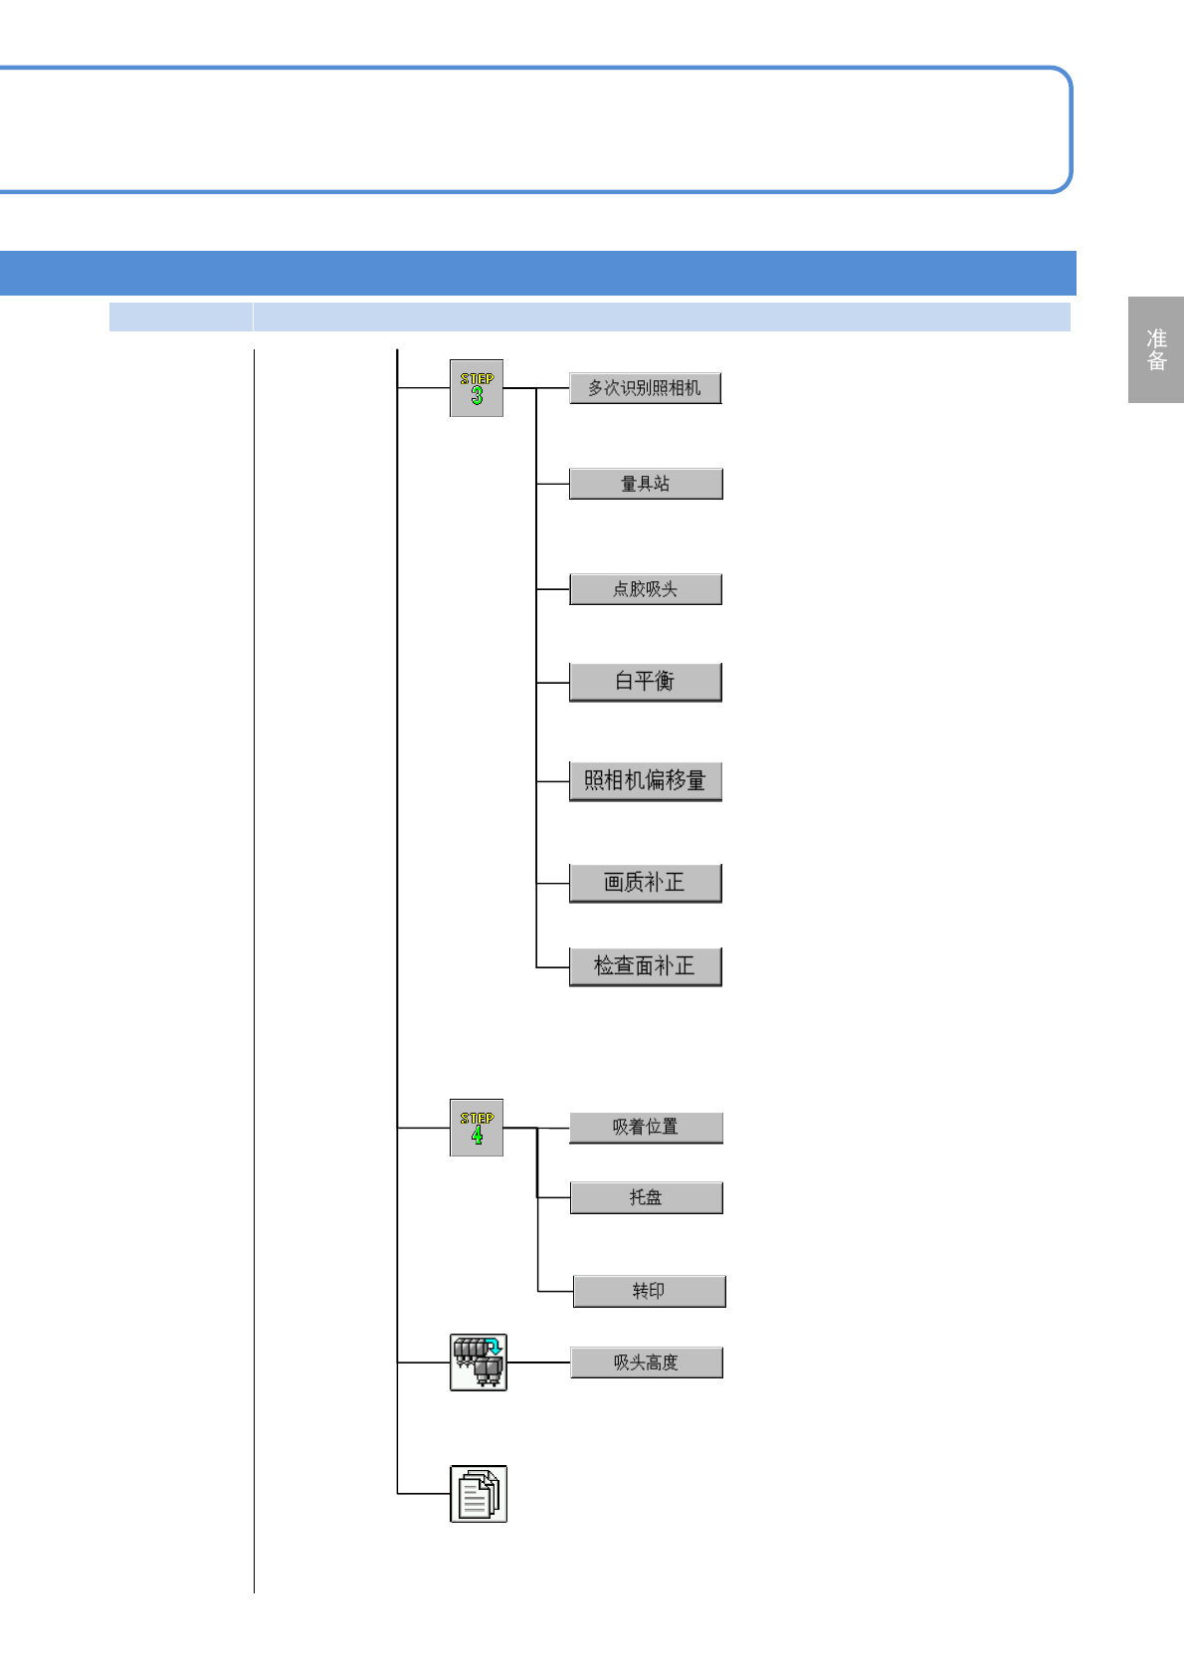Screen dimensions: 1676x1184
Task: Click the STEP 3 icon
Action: (477, 388)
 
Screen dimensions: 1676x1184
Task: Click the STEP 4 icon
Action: (477, 1128)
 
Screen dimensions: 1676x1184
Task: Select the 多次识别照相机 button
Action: (645, 388)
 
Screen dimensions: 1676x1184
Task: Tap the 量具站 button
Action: (646, 484)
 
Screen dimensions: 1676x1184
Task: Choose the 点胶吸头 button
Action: (646, 589)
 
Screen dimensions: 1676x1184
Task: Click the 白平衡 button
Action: (645, 682)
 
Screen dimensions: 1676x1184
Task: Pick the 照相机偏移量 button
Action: (645, 781)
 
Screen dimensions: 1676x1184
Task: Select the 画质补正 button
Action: (645, 883)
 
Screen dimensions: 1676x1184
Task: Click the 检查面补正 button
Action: (645, 966)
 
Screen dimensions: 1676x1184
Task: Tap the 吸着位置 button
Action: (646, 1128)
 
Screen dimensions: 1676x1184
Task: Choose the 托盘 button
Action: (646, 1197)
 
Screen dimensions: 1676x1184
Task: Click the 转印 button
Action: (649, 1291)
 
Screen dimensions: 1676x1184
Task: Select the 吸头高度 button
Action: (646, 1362)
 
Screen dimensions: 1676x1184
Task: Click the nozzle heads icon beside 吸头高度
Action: (479, 1362)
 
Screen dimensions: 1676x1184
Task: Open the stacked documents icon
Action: (479, 1494)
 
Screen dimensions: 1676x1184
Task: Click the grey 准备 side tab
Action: (1156, 349)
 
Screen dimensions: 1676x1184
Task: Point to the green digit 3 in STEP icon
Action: (477, 396)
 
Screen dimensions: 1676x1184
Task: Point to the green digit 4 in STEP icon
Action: (477, 1135)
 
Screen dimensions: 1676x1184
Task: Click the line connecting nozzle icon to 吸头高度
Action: (538, 1362)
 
